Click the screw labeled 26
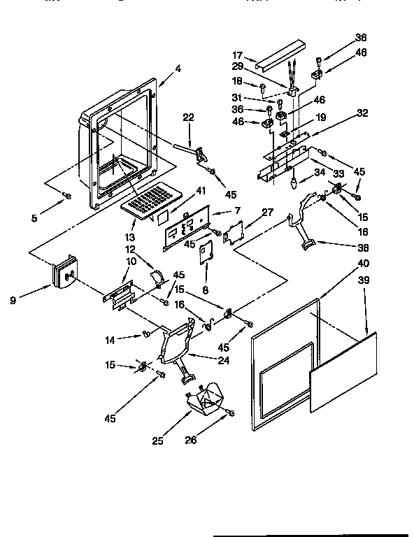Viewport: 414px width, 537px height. pyautogui.click(x=229, y=413)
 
